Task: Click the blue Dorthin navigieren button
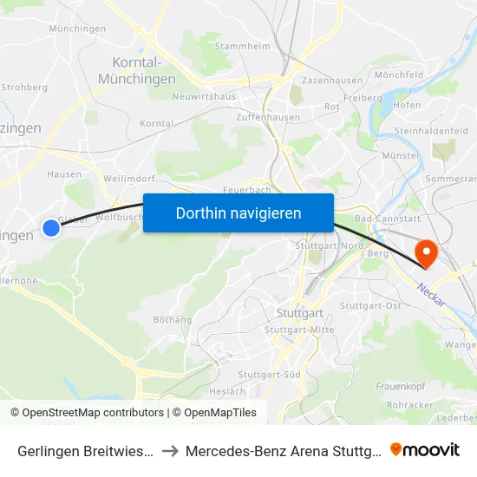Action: [x=238, y=212]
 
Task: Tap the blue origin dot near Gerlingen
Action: [x=51, y=228]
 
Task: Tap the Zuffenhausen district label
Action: [x=268, y=117]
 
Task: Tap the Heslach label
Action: [x=227, y=391]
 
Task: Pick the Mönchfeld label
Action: [x=399, y=75]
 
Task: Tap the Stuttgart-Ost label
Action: [x=370, y=305]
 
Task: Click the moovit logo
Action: [x=425, y=449]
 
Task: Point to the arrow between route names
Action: [x=170, y=450]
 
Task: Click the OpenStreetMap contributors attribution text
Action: [x=87, y=413]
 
